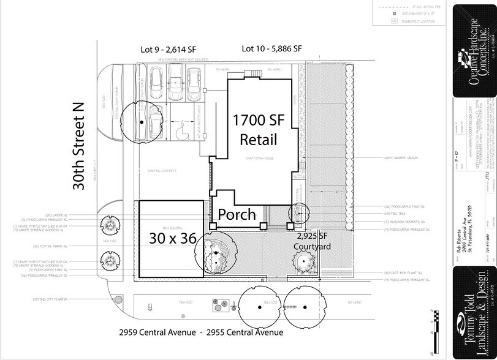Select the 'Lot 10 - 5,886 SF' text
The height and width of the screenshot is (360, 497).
click(271, 48)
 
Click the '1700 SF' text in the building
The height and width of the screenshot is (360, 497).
click(254, 120)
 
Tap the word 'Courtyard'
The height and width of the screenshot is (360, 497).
click(313, 247)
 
